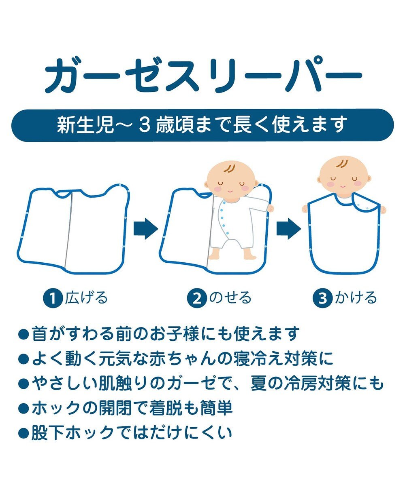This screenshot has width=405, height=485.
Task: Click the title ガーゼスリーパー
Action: (x=203, y=76)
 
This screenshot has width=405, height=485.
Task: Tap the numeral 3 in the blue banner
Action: (x=144, y=125)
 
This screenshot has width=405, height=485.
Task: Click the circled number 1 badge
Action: (x=53, y=298)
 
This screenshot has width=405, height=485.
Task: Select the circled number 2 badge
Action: (x=197, y=298)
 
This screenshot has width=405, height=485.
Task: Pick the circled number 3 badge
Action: (x=322, y=298)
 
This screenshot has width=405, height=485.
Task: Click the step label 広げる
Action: (x=86, y=297)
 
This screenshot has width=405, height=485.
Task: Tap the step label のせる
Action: (x=230, y=298)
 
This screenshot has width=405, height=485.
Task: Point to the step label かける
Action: (x=356, y=297)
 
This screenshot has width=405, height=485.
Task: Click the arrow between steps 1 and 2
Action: (x=146, y=229)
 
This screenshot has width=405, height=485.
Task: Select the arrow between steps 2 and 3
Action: (x=289, y=229)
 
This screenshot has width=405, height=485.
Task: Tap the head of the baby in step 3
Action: (x=344, y=176)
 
